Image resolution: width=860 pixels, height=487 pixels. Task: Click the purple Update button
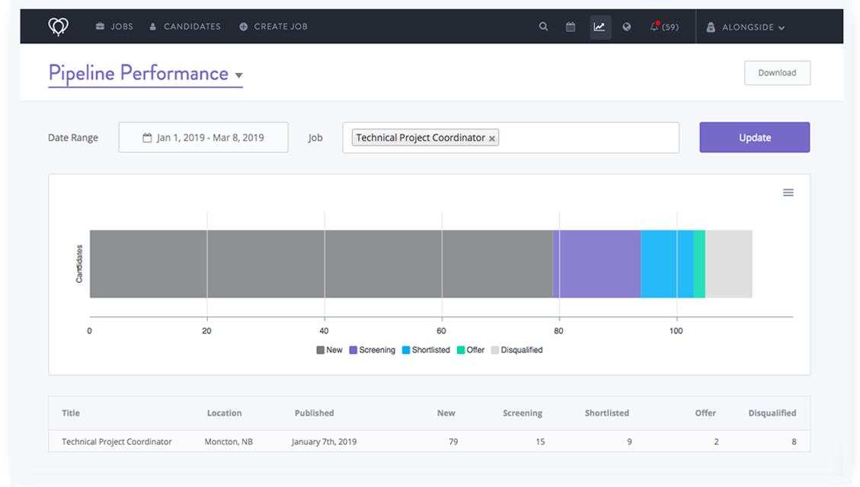pos(754,138)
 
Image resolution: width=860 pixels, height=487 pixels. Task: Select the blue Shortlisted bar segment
pos(667,264)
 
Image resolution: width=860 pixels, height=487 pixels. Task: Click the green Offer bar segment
pos(699,264)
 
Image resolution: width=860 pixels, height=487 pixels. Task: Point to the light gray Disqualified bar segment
pos(729,264)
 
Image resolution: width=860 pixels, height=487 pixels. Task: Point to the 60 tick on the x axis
pos(442,331)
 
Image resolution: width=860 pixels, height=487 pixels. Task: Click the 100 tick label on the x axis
pos(676,331)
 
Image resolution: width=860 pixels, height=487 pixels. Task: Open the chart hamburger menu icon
pos(788,193)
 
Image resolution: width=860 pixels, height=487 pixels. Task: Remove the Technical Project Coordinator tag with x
pos(492,138)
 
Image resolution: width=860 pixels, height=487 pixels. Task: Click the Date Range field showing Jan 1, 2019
pos(203,138)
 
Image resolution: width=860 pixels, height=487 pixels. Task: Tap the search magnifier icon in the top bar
pos(543,27)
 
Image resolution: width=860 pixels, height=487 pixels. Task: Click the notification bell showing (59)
pos(663,27)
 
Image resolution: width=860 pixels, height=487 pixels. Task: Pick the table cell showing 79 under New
pos(453,441)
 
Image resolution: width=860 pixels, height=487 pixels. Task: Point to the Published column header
pos(314,413)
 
